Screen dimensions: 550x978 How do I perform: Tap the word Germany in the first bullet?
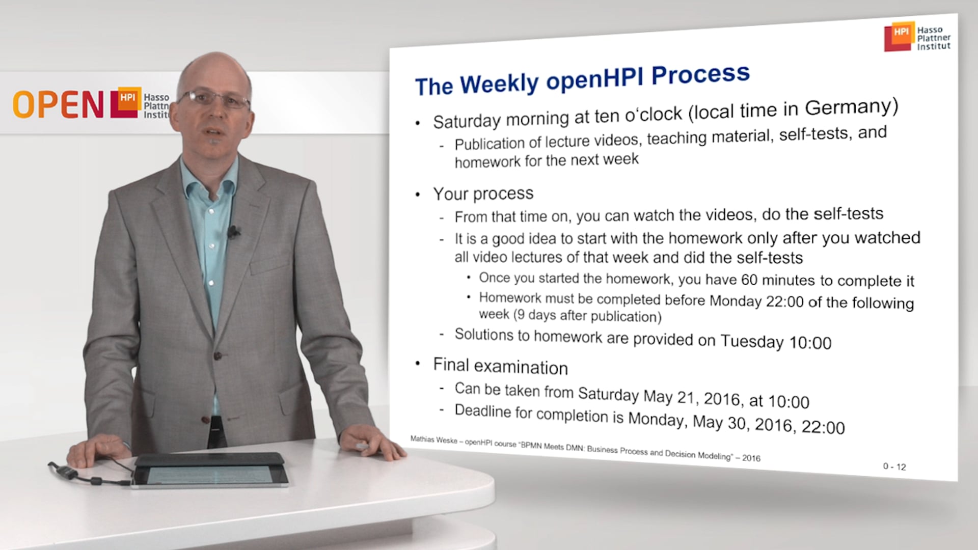coord(851,107)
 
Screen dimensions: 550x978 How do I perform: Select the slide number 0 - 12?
coord(894,466)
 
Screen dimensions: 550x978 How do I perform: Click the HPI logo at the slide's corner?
coord(917,37)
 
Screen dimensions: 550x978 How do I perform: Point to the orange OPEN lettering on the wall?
coord(59,105)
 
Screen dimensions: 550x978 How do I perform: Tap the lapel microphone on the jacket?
coord(233,232)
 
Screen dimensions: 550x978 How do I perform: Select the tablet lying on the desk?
coord(210,471)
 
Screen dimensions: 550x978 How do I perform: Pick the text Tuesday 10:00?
coord(776,342)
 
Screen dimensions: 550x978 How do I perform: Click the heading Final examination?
coord(500,367)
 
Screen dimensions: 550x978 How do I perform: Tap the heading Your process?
coord(483,194)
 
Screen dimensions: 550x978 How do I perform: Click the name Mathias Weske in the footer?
coord(433,439)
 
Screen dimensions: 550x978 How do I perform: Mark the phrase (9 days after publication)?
coord(587,316)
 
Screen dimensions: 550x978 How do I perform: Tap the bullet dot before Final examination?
coord(418,363)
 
